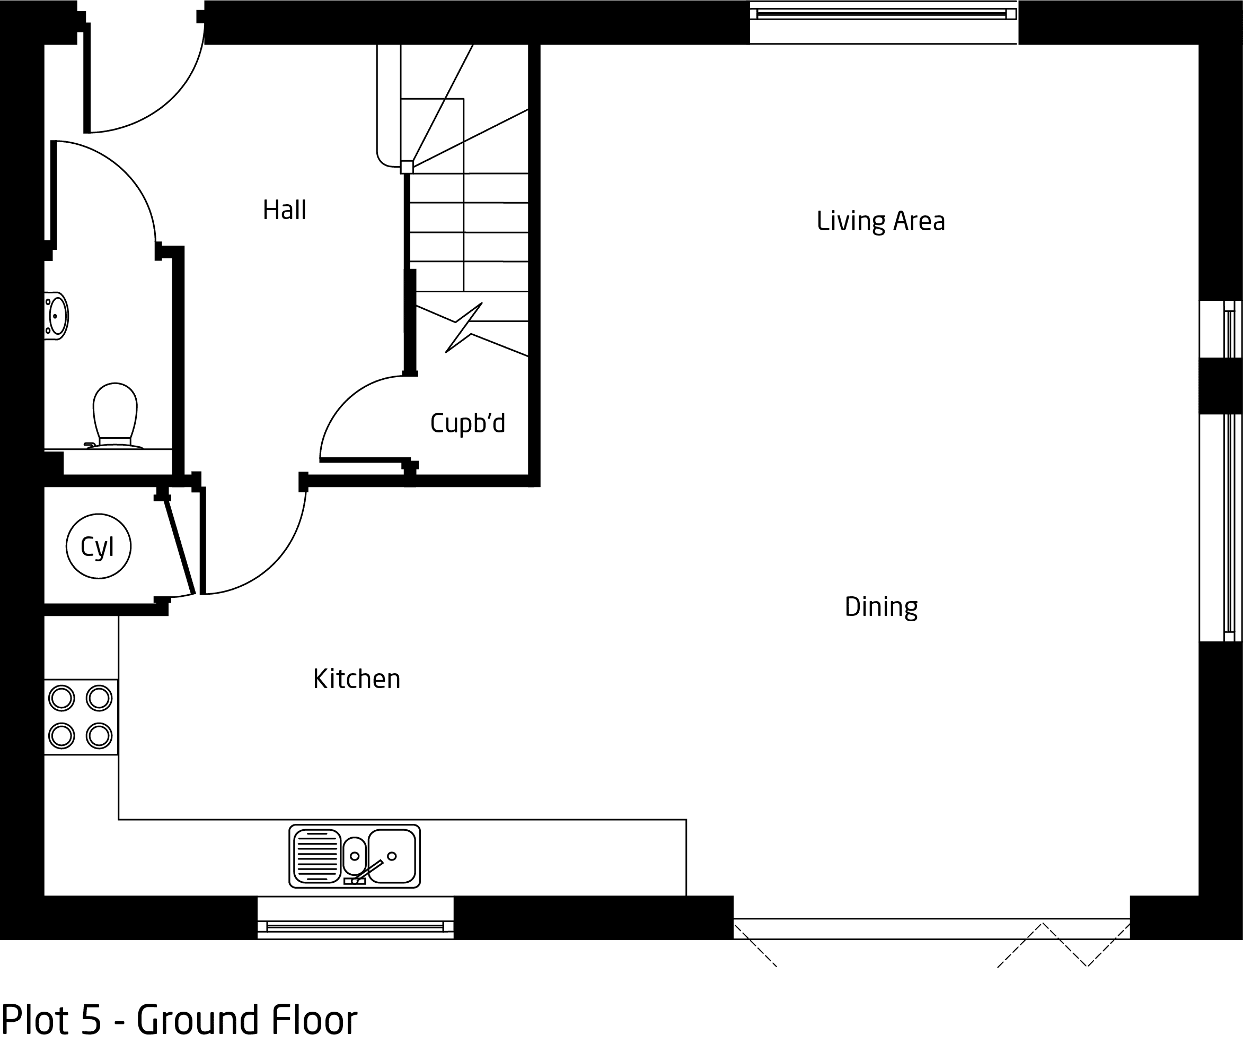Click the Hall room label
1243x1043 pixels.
click(284, 210)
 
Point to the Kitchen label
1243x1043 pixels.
click(357, 679)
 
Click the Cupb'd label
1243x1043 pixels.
click(468, 423)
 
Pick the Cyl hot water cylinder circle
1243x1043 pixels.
click(98, 546)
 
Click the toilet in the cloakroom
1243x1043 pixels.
click(115, 416)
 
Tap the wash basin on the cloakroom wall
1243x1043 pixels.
click(56, 316)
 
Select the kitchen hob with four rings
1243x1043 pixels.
click(81, 717)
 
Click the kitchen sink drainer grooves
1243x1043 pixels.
click(318, 856)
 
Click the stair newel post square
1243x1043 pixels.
click(407, 167)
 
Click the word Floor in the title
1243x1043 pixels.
click(314, 1019)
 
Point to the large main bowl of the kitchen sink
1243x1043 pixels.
click(391, 856)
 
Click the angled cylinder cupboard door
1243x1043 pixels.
click(180, 546)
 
